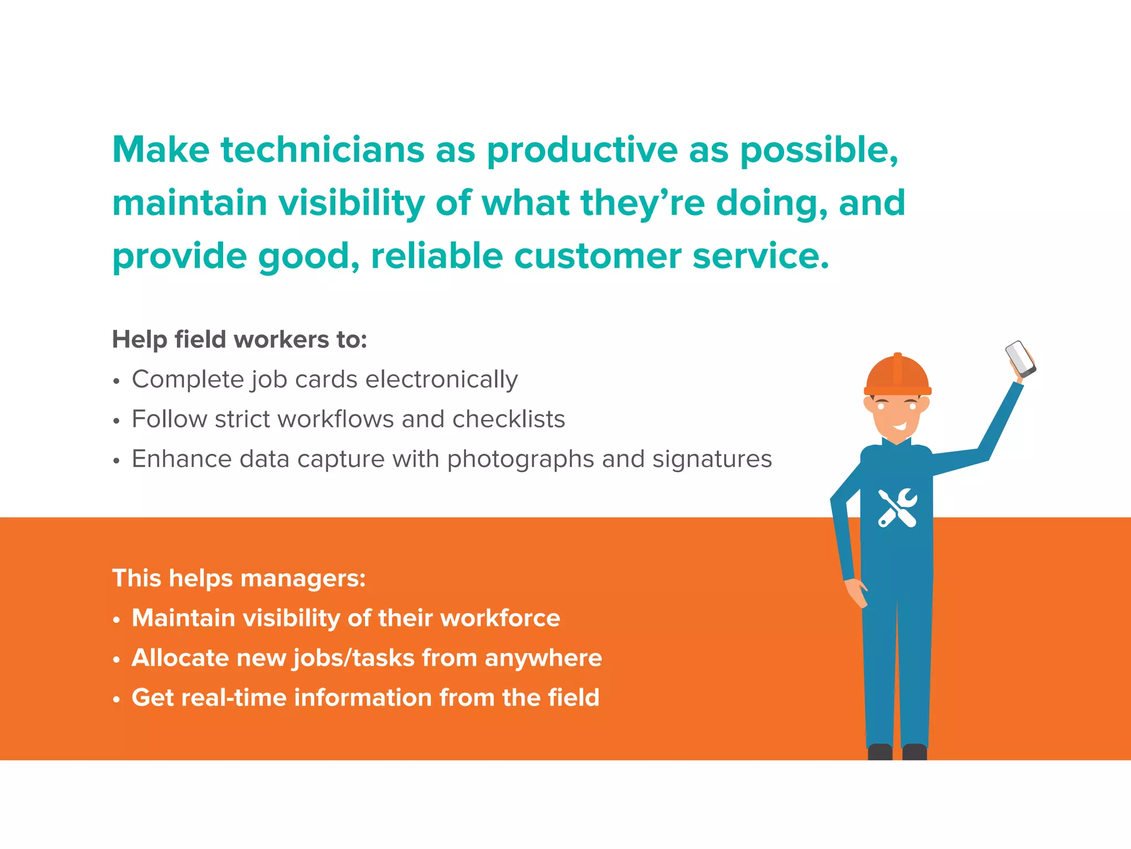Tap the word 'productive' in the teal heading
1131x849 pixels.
(x=582, y=151)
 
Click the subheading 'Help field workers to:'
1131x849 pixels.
(x=239, y=339)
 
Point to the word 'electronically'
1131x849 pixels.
(x=441, y=380)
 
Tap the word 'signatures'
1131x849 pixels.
(x=712, y=459)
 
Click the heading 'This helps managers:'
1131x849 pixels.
(x=239, y=578)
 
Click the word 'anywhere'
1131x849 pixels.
(x=543, y=658)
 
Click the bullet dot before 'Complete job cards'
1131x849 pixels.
(x=116, y=381)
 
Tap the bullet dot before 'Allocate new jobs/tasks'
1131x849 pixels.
(x=116, y=660)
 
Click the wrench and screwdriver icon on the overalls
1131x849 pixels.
(x=897, y=508)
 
